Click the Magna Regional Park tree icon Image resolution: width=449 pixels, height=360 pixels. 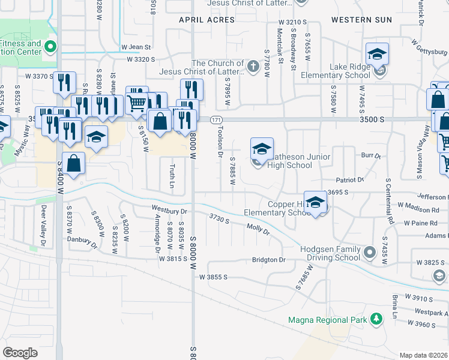376,319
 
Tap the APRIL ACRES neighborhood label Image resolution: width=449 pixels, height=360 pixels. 206,20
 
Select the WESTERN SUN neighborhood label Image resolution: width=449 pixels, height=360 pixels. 357,20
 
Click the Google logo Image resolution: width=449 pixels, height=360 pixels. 20,352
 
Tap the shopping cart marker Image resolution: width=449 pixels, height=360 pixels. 137,103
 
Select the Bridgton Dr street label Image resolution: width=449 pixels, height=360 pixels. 269,260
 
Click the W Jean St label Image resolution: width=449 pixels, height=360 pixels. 135,46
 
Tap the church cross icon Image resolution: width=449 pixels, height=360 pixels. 254,66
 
